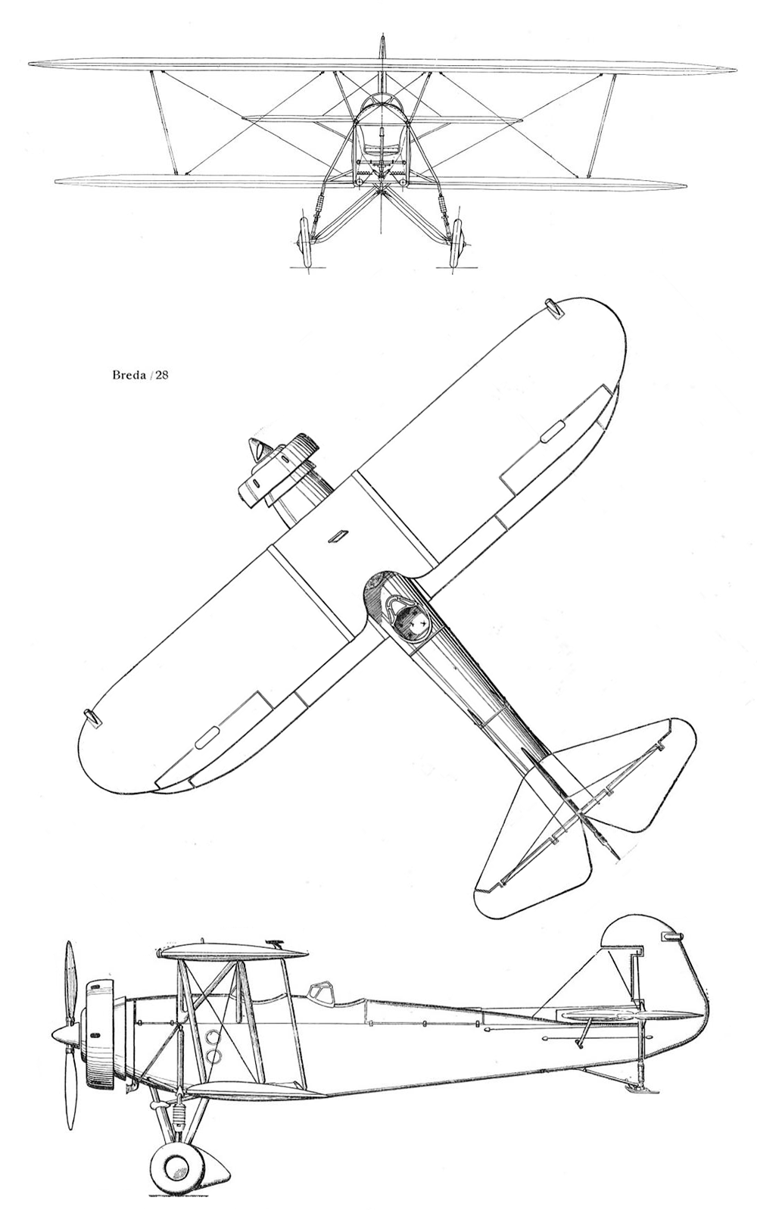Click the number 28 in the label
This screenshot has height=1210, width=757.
coord(161,376)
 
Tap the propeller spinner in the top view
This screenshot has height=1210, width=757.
coord(257,450)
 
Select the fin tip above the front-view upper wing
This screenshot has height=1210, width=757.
coord(382,45)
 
